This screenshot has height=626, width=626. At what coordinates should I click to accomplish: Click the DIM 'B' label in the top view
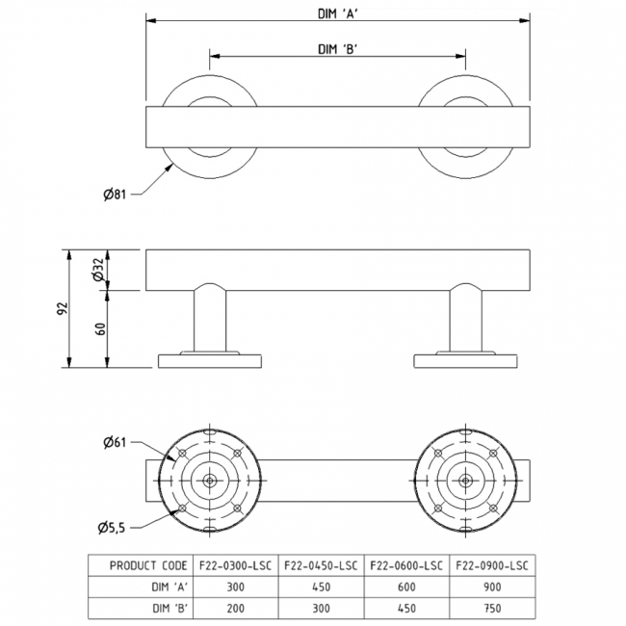click(x=337, y=48)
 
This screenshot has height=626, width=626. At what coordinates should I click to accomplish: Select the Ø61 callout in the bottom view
click(x=115, y=442)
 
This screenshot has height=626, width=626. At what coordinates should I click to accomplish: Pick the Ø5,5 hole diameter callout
click(x=114, y=525)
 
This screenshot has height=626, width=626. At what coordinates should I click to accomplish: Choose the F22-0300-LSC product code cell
click(x=236, y=565)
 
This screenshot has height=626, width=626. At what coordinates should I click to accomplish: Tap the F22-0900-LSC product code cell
click(x=493, y=565)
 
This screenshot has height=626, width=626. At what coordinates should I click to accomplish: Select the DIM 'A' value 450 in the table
click(x=322, y=587)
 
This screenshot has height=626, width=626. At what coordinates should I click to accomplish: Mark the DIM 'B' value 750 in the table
click(x=493, y=609)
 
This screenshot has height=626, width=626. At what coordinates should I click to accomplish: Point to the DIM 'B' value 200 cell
click(x=236, y=609)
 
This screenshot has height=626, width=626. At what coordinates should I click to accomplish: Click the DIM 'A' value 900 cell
click(x=493, y=587)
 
